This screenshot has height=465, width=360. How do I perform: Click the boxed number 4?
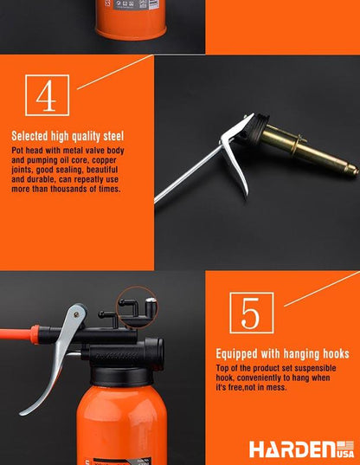pos(47,95)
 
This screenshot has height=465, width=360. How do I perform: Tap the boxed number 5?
pos(252,313)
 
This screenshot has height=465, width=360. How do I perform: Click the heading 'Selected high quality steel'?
pos(67,136)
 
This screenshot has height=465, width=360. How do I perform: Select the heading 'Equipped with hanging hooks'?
pos(282,354)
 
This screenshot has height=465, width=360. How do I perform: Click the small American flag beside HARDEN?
pos(345,446)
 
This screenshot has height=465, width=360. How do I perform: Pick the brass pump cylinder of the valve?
pos(305,147)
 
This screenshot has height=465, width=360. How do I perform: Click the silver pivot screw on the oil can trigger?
pos(76,314)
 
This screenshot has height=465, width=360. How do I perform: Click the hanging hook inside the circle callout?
pos(129,306)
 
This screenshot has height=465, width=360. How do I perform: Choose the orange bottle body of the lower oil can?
pos(121,425)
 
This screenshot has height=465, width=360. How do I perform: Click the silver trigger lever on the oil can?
pos(58,356)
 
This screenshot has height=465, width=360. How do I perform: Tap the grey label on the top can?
pos(137,4)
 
